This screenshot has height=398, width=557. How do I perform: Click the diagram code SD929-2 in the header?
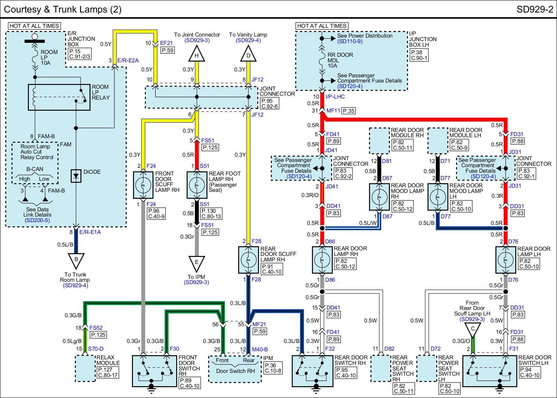pos(535,9)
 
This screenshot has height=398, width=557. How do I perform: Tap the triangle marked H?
pos(196,54)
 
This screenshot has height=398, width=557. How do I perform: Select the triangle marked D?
pos(248,54)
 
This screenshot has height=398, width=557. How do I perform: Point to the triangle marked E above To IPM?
pos(196,264)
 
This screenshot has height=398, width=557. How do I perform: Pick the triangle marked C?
pos(473,330)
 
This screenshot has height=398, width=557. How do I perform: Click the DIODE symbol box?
pos(76,176)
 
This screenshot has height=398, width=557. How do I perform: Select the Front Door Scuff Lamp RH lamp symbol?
pos(143,185)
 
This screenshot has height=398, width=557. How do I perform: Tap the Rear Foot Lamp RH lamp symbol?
pos(197,185)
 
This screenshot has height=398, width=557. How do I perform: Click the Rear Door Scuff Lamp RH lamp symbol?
pos(248,260)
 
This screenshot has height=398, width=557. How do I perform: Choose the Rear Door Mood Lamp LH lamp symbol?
pos(438,197)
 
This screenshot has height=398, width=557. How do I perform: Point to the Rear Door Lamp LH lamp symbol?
pos(505,260)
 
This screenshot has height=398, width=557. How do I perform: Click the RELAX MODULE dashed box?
pos(85,368)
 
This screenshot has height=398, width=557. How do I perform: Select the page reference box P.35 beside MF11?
pos(348,111)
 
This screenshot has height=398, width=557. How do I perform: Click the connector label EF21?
pos(166,43)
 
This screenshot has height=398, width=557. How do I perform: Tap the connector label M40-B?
pos(260,349)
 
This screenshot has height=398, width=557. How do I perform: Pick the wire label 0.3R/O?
pos(310,195)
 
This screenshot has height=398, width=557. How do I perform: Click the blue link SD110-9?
pos(350,41)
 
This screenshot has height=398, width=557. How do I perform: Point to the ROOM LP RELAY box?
pos(59,97)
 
